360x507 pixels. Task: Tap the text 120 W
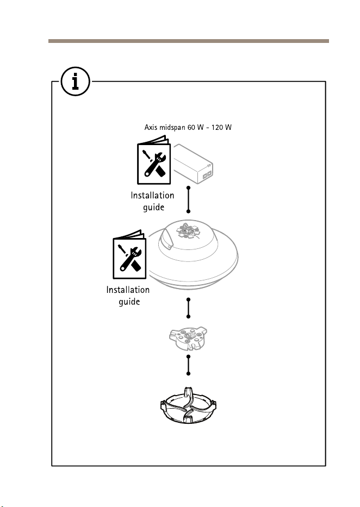[x=221, y=127]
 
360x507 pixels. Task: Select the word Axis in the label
[x=151, y=127]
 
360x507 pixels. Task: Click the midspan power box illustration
[x=193, y=164]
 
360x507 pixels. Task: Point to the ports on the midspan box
[x=207, y=174]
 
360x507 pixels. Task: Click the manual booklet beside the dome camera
[x=129, y=254]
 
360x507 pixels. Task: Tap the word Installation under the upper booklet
[x=152, y=195]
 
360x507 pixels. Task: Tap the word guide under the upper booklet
[x=154, y=207]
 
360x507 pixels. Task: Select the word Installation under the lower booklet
[x=128, y=290]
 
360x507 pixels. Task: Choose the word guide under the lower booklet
[x=129, y=302]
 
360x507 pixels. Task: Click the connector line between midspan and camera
[x=188, y=199]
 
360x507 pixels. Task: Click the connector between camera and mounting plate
[x=188, y=308]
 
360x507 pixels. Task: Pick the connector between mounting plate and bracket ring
[x=188, y=365]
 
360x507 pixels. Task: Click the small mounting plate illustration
[x=188, y=338]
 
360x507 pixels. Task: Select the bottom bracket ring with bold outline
[x=188, y=405]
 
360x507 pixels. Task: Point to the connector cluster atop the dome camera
[x=188, y=231]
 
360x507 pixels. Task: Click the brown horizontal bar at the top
[x=189, y=41]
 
